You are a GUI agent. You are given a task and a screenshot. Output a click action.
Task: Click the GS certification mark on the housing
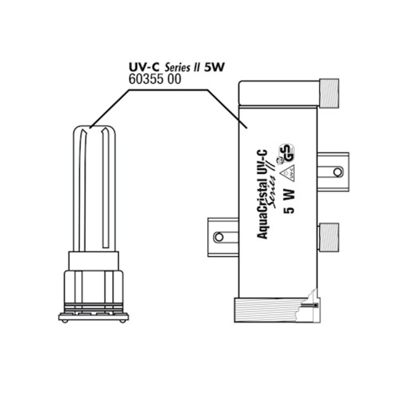pyautogui.click(x=287, y=152)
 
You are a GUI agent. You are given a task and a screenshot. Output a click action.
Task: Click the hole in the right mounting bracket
pyautogui.click(x=337, y=172)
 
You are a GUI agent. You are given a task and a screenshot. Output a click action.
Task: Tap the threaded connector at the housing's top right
pyautogui.click(x=329, y=93)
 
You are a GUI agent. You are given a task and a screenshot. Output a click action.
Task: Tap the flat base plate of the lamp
pyautogui.click(x=94, y=317)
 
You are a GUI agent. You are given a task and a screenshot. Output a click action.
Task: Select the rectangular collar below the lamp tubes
pyautogui.click(x=93, y=261)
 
